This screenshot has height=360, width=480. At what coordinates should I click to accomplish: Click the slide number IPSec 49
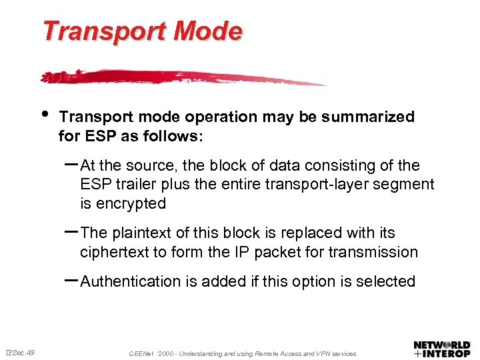click(20, 352)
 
